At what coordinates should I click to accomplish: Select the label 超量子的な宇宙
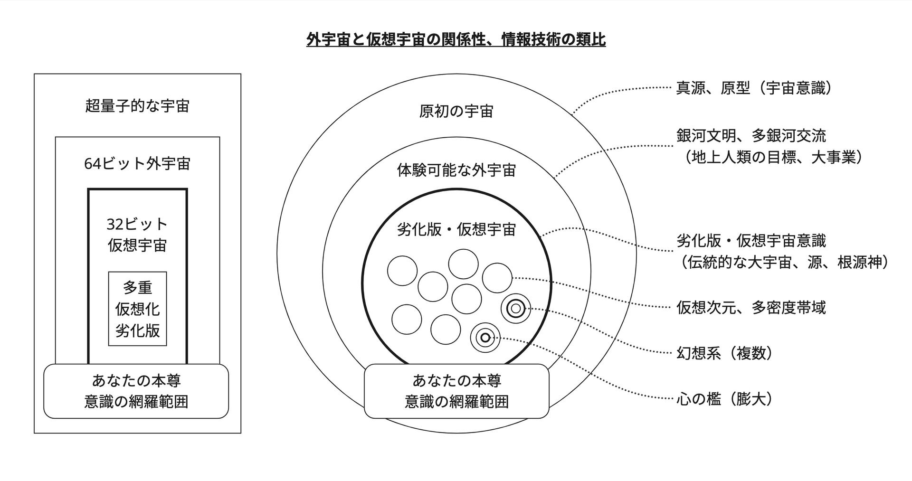[137, 105]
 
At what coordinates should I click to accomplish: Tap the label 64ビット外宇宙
[137, 163]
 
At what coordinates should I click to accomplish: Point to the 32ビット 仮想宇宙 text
[137, 235]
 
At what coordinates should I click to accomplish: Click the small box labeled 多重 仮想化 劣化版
[137, 309]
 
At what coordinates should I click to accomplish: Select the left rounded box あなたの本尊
[136, 391]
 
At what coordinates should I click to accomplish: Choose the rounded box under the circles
[456, 391]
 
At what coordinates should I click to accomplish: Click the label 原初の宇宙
[456, 111]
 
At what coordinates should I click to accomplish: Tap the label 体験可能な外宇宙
[456, 170]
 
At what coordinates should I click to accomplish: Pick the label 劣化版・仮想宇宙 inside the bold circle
[456, 230]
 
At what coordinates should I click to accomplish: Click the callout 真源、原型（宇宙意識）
[754, 88]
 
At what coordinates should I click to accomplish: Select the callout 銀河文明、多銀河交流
[751, 136]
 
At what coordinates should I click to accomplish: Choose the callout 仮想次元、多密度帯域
[751, 308]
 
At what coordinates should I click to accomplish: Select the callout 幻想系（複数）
[724, 353]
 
